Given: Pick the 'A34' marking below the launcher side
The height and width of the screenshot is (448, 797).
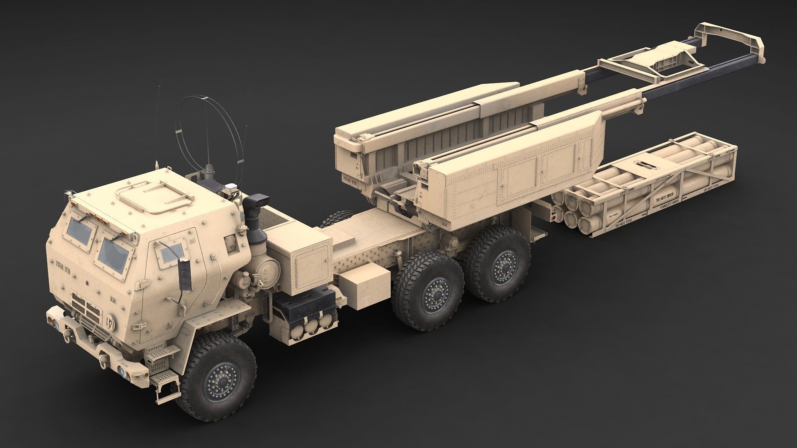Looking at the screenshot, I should tap(445, 224).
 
